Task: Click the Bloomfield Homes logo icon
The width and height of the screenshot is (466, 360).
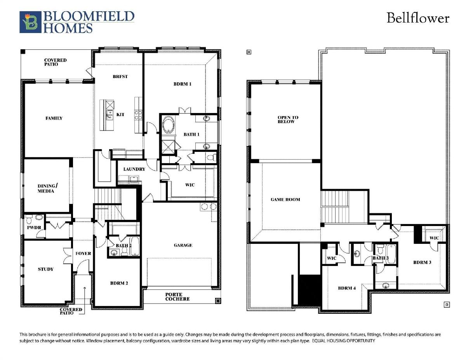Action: [x=30, y=22]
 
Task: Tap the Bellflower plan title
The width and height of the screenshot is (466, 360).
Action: [x=418, y=18]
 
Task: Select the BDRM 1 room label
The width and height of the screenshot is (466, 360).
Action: [x=182, y=84]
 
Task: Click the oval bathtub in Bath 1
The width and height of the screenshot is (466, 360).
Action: [x=169, y=125]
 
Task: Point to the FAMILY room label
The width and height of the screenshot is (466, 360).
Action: [x=54, y=118]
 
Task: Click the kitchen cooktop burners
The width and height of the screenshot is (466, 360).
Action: [x=138, y=115]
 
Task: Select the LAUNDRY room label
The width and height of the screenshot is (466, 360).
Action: [x=134, y=169]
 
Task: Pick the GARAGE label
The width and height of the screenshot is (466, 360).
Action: [x=183, y=245]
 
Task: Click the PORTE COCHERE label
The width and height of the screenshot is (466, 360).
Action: [x=177, y=297]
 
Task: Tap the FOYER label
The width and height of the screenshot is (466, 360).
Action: [x=83, y=254]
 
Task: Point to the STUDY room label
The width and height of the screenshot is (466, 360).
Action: [x=46, y=269]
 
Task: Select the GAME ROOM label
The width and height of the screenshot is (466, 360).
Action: [x=285, y=200]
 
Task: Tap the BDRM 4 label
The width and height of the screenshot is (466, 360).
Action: [x=347, y=288]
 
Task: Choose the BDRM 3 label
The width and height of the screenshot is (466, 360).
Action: [x=422, y=263]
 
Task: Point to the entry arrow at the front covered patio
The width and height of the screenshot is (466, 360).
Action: [x=85, y=301]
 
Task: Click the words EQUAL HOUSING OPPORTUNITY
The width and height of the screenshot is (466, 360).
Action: [x=344, y=341]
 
